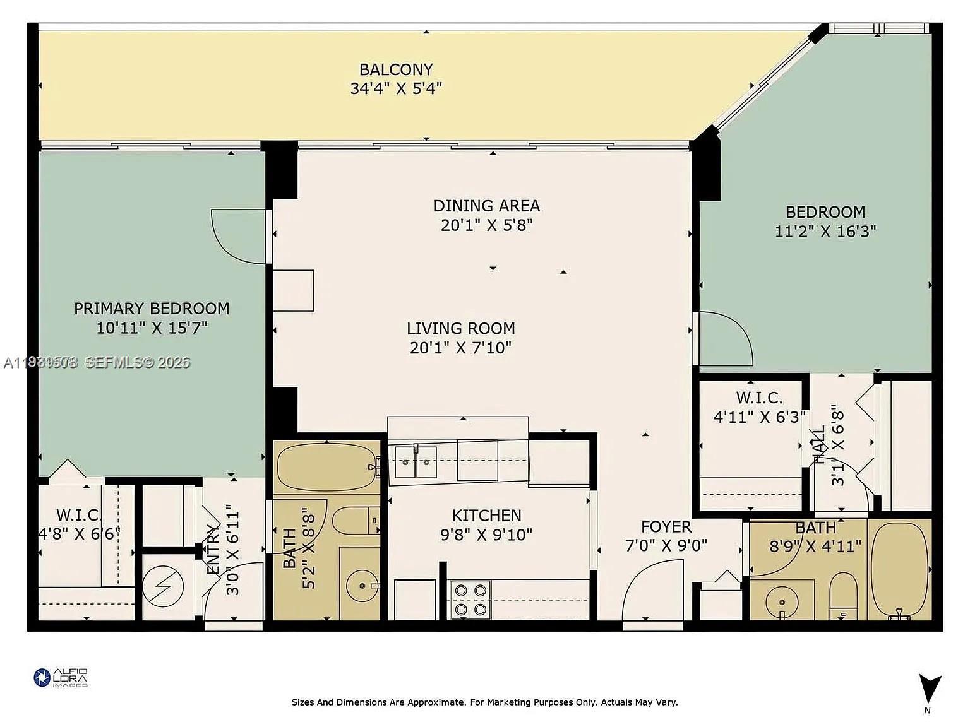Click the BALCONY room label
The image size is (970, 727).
pos(396,69)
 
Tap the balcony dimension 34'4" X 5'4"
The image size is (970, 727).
pos(396,88)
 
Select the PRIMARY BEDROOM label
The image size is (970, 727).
pos(152,309)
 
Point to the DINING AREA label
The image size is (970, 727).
pos(486,206)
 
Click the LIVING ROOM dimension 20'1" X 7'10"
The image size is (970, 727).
pos(460,348)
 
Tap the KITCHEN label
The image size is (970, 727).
pos(486,516)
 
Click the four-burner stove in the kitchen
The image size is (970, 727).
pos(470,600)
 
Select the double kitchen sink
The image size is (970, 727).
pos(416,462)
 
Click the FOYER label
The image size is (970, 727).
pos(666,527)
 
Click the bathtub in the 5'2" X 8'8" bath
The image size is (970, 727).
pos(326,467)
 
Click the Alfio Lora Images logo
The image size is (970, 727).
pos(61,678)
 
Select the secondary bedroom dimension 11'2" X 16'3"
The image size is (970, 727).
pos(825,232)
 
